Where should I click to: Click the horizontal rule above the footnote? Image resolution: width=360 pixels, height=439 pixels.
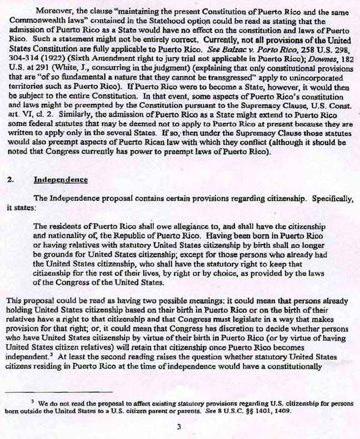pyautogui.click(x=58, y=392)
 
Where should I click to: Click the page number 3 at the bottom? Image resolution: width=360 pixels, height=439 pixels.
pyautogui.click(x=179, y=427)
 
